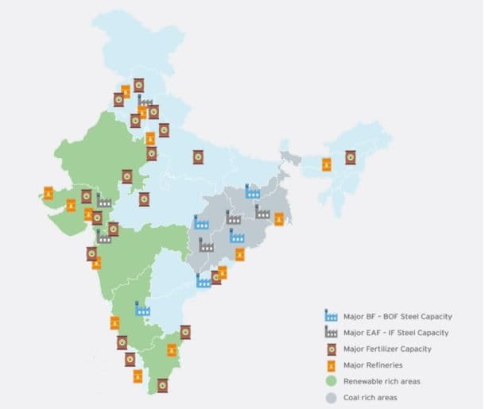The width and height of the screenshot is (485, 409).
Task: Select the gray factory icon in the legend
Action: pos(332,333)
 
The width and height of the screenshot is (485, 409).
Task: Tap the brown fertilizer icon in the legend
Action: pos(332,349)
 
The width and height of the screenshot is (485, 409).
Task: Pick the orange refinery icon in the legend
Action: pos(332,365)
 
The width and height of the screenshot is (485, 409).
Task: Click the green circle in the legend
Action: pos(332,381)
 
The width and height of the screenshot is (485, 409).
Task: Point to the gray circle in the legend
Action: pos(332,397)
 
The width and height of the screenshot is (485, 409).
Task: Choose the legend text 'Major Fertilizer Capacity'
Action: pos(387,349)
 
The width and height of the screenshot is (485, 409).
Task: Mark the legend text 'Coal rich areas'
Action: pos(370,397)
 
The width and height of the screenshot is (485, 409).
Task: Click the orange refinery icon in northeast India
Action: pos(326,164)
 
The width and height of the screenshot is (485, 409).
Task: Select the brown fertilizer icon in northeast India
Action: pos(350,157)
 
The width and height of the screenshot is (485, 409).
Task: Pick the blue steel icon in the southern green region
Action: pos(143,308)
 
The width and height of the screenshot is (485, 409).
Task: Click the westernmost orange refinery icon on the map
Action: pos(48,193)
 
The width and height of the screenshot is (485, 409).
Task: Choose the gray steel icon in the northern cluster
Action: pos(145,102)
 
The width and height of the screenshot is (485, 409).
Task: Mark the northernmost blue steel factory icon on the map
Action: pos(253,190)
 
